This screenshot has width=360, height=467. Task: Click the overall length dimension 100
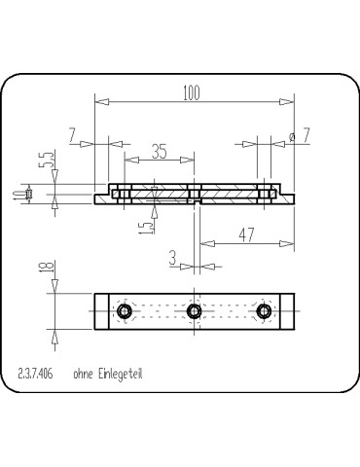coord(192,92)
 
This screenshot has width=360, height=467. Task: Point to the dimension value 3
coord(172,257)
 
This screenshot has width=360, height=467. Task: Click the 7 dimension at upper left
coord(73,135)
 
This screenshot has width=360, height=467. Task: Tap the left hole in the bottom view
coord(124,311)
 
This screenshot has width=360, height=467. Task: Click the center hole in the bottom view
coord(194,311)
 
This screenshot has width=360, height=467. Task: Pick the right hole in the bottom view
coord(263,311)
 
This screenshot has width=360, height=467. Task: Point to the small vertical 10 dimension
coord(29,196)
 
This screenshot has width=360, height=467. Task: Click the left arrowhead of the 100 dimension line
coord(99,101)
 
